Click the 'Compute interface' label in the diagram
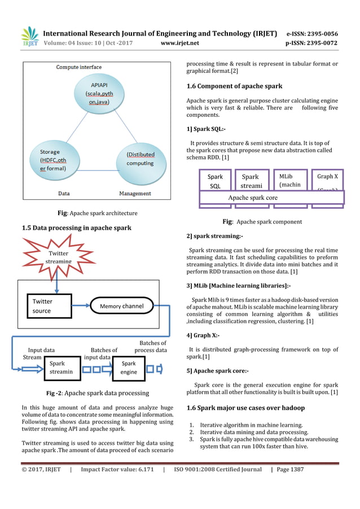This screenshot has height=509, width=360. [x=79, y=68]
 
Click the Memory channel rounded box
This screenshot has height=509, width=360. [x=121, y=306]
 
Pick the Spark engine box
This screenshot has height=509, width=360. [x=129, y=367]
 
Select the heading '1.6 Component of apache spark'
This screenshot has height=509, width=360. [x=234, y=86]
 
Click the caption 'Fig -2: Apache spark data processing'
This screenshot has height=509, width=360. [x=97, y=393]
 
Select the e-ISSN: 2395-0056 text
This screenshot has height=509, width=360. [x=312, y=33]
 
